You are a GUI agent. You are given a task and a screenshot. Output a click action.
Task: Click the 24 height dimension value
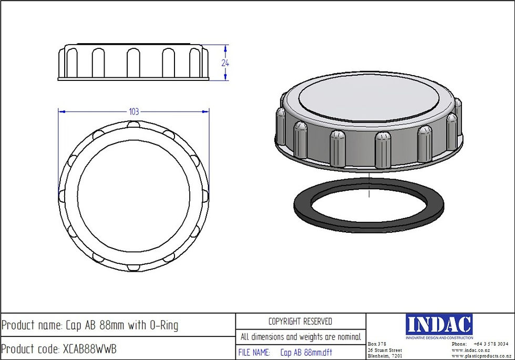(x=225, y=62)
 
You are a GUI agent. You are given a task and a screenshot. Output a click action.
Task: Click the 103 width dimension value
(x=133, y=111)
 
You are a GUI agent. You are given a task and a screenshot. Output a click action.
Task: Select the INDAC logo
(x=439, y=324)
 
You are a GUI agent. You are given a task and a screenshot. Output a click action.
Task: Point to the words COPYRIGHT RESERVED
(x=300, y=321)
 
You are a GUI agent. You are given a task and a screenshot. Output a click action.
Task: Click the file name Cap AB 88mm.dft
(x=306, y=353)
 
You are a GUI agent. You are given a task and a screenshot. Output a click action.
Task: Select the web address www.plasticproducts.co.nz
(x=480, y=356)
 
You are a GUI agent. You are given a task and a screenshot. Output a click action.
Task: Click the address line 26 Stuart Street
(x=385, y=350)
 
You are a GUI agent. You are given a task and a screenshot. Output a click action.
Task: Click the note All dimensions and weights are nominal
(x=300, y=337)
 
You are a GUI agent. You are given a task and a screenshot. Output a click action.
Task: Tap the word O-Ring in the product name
(x=163, y=325)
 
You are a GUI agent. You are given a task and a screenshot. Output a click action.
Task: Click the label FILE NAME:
(x=254, y=353)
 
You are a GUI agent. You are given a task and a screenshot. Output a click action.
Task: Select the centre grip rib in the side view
(x=133, y=63)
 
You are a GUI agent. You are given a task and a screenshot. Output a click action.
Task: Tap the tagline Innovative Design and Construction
(x=439, y=337)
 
